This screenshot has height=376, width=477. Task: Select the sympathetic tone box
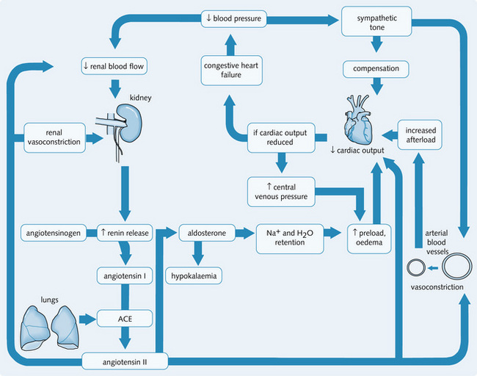pyautogui.click(x=376, y=22)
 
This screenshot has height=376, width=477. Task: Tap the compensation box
pyautogui.click(x=376, y=69)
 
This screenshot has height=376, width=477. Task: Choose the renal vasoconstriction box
pyautogui.click(x=54, y=137)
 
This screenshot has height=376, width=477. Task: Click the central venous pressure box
pyautogui.click(x=281, y=190)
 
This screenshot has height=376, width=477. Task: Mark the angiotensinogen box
pyautogui.click(x=53, y=234)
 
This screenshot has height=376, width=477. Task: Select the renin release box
pyautogui.click(x=124, y=234)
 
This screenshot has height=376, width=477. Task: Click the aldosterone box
pyautogui.click(x=207, y=234)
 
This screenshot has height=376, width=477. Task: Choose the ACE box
pyautogui.click(x=124, y=319)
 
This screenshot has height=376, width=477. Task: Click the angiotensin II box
pyautogui.click(x=124, y=361)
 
